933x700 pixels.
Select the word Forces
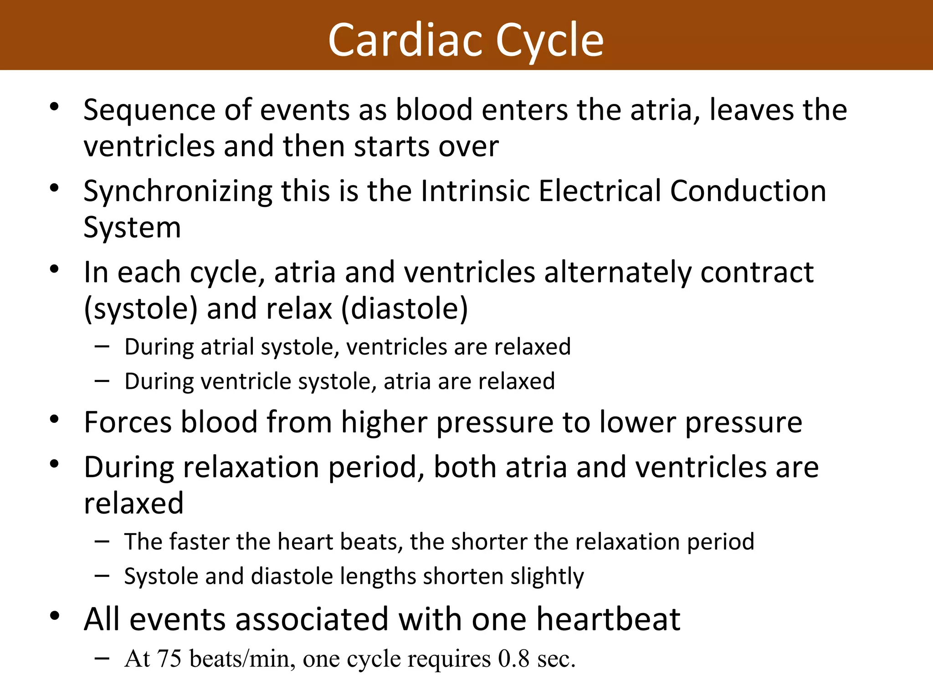pos(128,422)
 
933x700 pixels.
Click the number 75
pos(169,659)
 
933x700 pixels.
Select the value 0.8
pos(513,659)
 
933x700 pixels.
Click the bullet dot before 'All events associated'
pos(55,616)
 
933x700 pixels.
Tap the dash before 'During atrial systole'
pos(102,346)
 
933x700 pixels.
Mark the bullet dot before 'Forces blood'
pos(55,419)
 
